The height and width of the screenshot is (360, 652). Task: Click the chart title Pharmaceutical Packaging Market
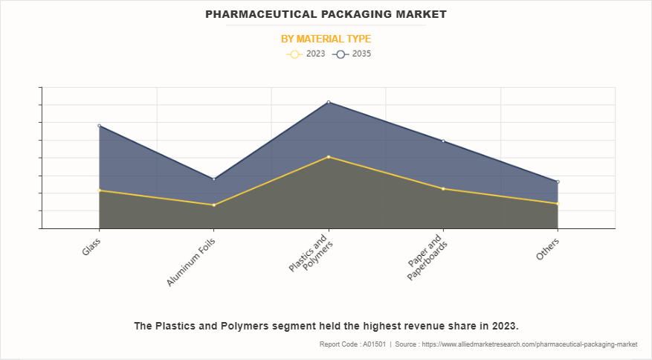click(x=326, y=14)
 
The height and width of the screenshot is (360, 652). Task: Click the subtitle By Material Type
click(x=326, y=39)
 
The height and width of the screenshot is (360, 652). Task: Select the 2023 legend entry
click(x=306, y=54)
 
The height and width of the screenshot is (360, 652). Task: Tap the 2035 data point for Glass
click(x=99, y=126)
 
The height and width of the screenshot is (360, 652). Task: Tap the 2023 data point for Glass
click(x=99, y=190)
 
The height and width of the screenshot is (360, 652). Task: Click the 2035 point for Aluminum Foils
click(x=214, y=179)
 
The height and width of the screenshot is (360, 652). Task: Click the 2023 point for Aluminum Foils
click(x=214, y=205)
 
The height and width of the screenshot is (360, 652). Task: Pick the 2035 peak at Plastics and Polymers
click(x=329, y=102)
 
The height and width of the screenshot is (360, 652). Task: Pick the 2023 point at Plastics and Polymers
click(x=329, y=157)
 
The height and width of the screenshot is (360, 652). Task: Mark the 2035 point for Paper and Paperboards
click(x=443, y=141)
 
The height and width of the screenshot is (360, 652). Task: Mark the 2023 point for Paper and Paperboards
click(x=443, y=188)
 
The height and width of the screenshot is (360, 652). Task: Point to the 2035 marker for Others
click(x=558, y=181)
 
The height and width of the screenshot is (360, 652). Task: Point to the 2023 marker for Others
click(x=558, y=203)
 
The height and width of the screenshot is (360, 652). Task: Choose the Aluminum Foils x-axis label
click(x=192, y=262)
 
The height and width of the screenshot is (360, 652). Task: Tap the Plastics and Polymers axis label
click(x=309, y=259)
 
